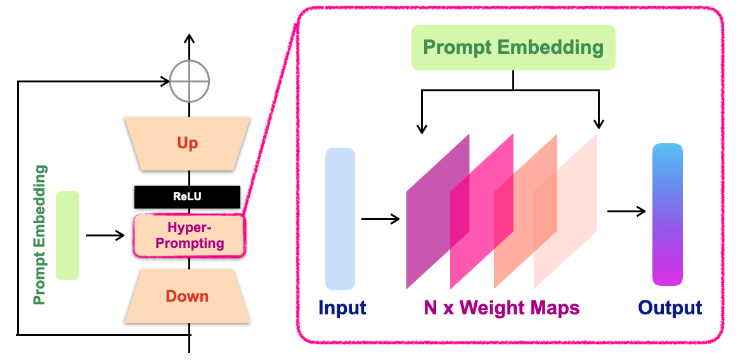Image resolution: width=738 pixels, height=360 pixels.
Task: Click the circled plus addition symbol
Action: tap(189, 82)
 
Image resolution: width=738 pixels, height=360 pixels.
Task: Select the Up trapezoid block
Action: tap(188, 143)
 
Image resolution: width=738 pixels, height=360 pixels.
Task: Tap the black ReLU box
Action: tap(187, 197)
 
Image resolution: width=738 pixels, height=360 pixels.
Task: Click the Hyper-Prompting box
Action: tap(188, 235)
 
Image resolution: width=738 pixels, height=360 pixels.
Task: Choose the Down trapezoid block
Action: tap(188, 296)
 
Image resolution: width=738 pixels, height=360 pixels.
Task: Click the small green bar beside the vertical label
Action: tap(67, 235)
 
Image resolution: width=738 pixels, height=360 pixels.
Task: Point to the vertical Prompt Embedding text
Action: tap(40, 235)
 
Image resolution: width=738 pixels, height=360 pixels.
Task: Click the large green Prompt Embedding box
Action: tap(513, 47)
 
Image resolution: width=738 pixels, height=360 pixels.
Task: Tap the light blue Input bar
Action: tap(340, 219)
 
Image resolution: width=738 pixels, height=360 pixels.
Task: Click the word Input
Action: tap(342, 308)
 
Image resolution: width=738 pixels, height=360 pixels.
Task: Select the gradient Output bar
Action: tap(668, 214)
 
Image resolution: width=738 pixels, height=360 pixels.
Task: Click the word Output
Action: tap(670, 308)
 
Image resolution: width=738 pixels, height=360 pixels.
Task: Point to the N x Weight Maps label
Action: tap(502, 308)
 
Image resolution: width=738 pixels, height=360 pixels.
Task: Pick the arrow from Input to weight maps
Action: tap(380, 219)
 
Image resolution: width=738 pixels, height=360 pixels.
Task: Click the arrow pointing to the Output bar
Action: tap(626, 211)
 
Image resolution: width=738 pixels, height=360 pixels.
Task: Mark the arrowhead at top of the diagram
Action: tap(189, 39)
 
